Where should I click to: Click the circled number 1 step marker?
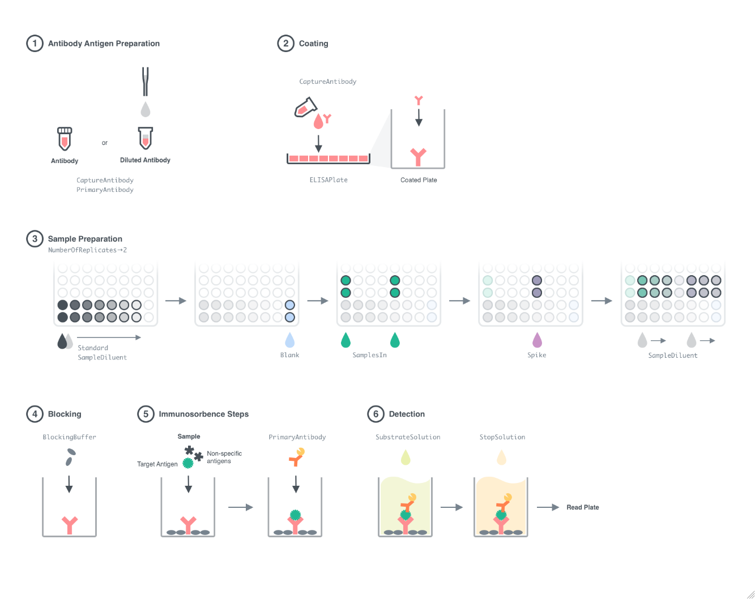[35, 44]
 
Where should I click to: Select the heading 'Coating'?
[313, 44]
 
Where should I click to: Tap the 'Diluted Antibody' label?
[145, 160]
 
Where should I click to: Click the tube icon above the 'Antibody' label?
[65, 139]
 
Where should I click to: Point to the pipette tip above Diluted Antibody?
[146, 82]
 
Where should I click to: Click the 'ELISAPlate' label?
[329, 180]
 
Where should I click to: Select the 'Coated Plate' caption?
[419, 180]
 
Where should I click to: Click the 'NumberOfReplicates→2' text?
[87, 250]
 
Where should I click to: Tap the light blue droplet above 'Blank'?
[289, 340]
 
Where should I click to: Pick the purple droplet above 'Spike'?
[537, 340]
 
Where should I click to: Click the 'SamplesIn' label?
[369, 355]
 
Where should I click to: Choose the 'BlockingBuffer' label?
[69, 437]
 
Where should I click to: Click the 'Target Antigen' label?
[157, 464]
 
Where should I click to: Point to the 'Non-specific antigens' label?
[224, 457]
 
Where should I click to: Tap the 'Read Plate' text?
[582, 507]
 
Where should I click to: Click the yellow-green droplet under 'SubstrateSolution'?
[406, 457]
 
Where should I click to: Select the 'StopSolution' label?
[502, 437]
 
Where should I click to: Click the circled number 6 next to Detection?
[376, 414]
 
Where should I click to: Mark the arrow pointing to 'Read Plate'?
[548, 507]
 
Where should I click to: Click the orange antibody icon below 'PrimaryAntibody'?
[296, 457]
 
